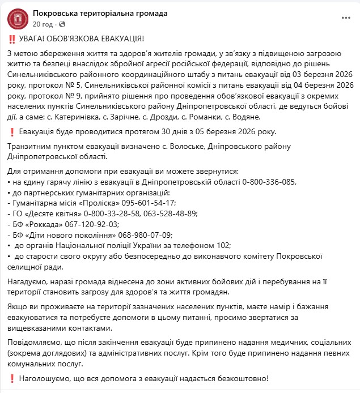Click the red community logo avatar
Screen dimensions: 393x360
coord(18,19)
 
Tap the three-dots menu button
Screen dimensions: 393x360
coord(346,18)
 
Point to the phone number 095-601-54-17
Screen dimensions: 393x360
coord(149,202)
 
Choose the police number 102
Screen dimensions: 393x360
coord(223,245)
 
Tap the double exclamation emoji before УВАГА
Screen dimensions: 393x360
coord(12,39)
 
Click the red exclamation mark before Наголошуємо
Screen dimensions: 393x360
coord(12,378)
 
